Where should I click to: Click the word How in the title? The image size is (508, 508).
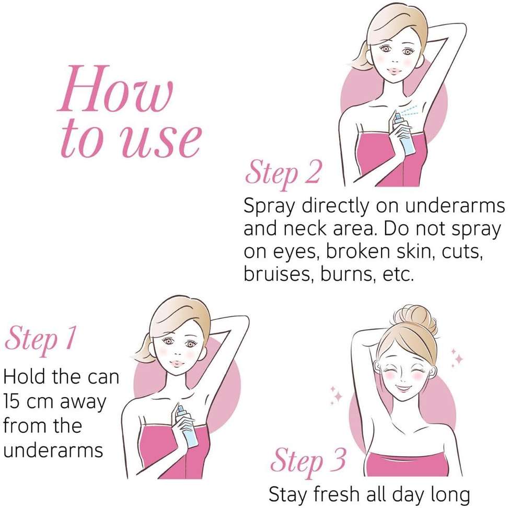(116, 88)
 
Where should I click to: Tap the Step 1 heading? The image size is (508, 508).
(40, 340)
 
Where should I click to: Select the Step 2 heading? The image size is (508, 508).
(283, 174)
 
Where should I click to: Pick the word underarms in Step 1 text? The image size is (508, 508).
(53, 451)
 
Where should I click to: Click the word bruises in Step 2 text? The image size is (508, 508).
(278, 274)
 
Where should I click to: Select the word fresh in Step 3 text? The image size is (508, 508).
(337, 494)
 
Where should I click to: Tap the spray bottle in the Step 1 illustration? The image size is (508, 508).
(187, 426)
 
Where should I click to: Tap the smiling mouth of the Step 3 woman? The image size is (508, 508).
(403, 387)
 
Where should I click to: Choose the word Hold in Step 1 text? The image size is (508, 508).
(25, 377)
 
